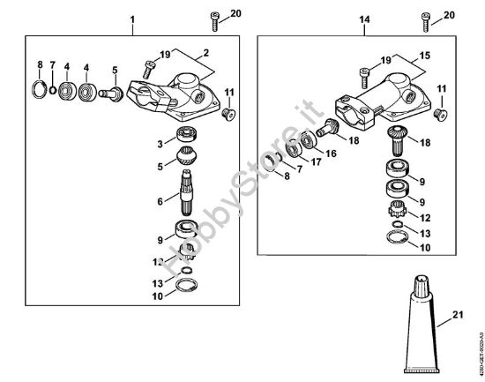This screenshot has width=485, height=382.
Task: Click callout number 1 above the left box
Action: [x=133, y=19]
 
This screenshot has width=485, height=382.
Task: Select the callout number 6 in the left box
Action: [x=160, y=201]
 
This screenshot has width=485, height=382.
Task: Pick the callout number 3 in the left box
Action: [x=160, y=142]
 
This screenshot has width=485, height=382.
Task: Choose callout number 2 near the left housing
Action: [x=205, y=54]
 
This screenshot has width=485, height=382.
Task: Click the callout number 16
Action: [x=332, y=153]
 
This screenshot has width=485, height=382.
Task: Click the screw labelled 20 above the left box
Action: [x=213, y=18]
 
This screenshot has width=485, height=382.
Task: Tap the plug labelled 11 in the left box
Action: [x=228, y=112]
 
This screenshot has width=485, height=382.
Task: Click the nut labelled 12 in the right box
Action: [x=398, y=213]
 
